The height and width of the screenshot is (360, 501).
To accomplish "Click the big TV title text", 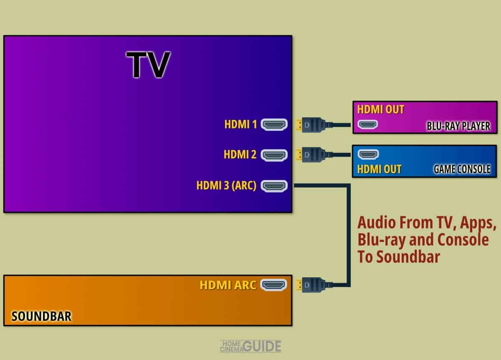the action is coord(148,65).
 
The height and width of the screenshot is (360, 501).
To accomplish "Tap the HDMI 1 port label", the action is coord(240,124).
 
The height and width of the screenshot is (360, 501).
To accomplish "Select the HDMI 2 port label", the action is coord(240,155).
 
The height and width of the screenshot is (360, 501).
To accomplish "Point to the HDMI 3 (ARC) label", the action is coord(226,185).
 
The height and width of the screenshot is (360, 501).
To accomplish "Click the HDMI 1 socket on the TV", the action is coord(274,124).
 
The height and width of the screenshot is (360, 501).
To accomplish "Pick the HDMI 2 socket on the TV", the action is coord(274,155).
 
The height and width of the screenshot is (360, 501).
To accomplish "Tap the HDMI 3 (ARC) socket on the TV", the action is coord(274,186).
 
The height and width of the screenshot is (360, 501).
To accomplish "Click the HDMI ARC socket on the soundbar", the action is coord(273,285).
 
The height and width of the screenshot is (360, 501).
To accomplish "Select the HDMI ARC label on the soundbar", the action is coord(228,285).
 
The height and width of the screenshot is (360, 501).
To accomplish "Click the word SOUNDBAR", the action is coord(41,316).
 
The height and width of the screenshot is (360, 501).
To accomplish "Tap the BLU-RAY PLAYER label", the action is coord(458,126).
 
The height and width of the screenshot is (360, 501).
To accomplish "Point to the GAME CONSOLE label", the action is coord(462,169).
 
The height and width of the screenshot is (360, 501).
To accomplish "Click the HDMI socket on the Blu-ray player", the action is coord(368,124).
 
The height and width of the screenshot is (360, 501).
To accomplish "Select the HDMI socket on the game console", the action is coord(368,154).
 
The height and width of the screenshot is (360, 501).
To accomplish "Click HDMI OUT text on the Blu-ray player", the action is coord(381,110).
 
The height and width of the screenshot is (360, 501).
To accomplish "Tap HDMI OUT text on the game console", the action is coord(380,169).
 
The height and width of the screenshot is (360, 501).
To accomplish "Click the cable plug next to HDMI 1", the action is coord(313,125).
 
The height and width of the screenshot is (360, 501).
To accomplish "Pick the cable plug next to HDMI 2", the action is coord(313,155).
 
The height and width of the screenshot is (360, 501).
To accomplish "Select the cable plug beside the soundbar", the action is coord(313,285).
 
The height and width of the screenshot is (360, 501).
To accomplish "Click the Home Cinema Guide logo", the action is coord(250,346).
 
